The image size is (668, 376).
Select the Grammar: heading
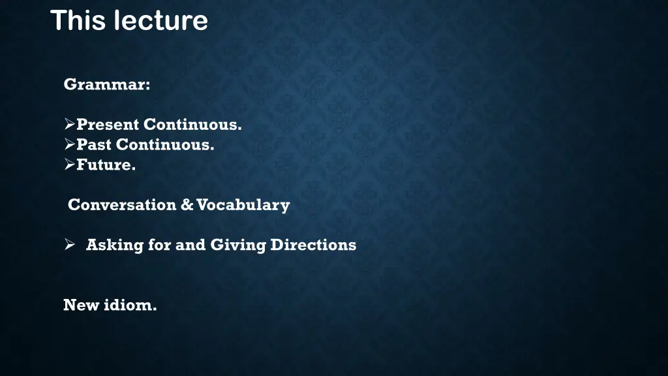click(x=107, y=85)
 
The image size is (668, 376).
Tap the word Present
click(x=108, y=125)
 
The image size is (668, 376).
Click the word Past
click(x=94, y=145)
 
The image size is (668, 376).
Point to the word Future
click(x=106, y=165)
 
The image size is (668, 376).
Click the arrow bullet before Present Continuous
click(x=70, y=125)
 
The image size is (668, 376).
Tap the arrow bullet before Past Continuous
click(x=70, y=145)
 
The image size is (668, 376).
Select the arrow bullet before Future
click(x=70, y=165)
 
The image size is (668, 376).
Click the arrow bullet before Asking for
click(x=70, y=245)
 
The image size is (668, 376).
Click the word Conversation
click(x=122, y=205)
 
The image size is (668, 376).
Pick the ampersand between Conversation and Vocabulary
click(x=187, y=205)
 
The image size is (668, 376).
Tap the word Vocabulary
click(x=243, y=205)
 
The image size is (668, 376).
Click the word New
click(x=80, y=305)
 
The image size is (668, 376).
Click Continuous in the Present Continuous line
click(x=192, y=125)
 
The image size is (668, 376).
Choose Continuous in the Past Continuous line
click(x=165, y=145)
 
